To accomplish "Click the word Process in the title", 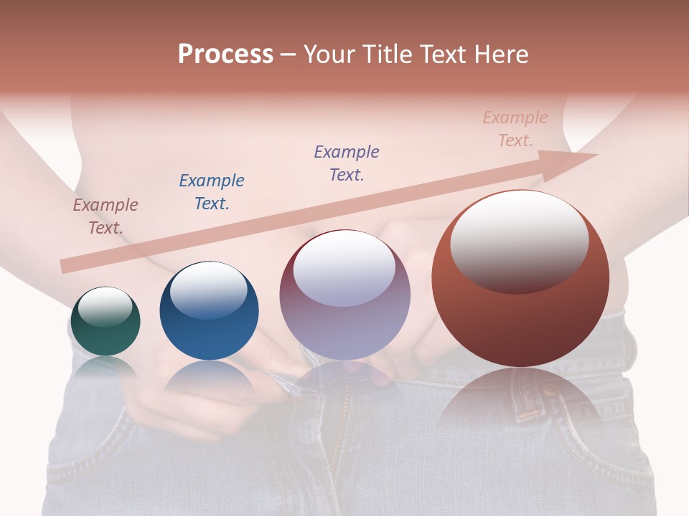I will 225,54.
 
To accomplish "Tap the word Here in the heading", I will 500,54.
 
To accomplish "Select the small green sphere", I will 105,322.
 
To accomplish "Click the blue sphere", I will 209,311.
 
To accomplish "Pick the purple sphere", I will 344,295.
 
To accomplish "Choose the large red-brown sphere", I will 520,278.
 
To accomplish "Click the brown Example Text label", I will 105,216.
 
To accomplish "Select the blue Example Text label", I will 211,192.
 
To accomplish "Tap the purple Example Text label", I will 346,163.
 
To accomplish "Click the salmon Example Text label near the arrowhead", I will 515,129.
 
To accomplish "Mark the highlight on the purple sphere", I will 344,268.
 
